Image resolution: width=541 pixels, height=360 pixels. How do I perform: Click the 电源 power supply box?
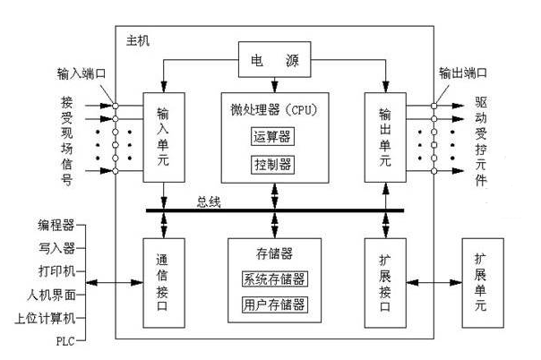[275, 62]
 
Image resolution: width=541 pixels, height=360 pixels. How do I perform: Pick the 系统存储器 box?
[275, 278]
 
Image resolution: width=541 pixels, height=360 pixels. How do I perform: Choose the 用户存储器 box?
[275, 304]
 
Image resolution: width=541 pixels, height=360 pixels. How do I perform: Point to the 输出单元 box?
[384, 136]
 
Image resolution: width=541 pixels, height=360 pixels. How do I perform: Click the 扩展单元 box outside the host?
[485, 282]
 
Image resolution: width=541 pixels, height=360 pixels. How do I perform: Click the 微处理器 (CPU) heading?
[274, 109]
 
